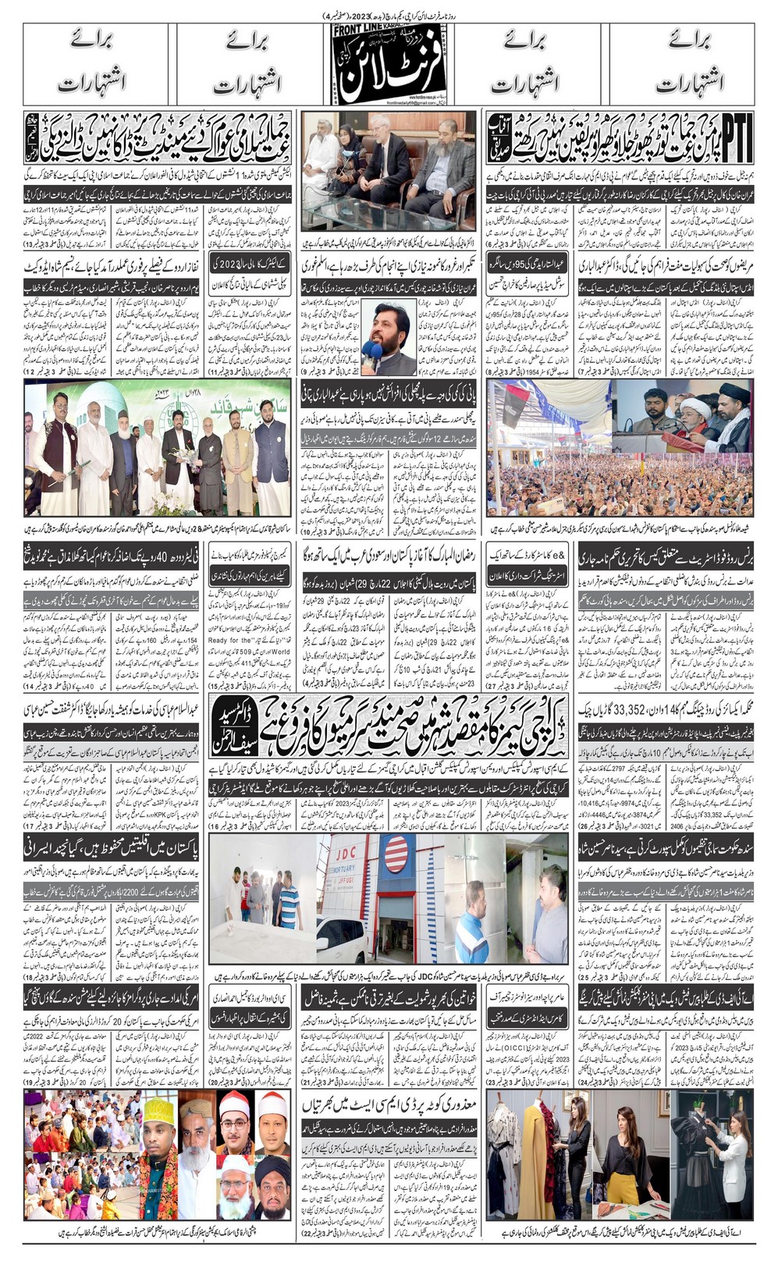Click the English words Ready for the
click(229, 641)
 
